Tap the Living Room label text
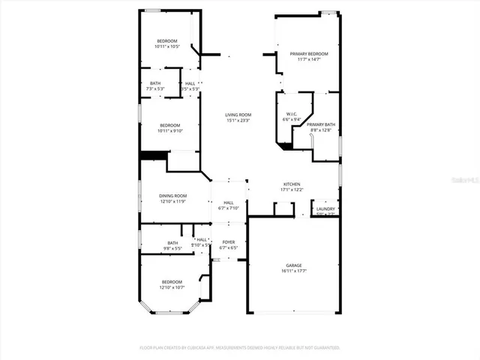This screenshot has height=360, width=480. click(238, 115)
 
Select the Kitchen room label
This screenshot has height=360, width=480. click(292, 184)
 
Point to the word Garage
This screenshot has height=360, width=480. click(293, 265)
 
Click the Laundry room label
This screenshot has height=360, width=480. click(325, 209)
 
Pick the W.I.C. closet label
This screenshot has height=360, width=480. click(291, 114)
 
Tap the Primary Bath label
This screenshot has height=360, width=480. click(320, 124)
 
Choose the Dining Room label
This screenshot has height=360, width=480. click(172, 196)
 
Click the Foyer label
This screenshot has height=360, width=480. click(228, 242)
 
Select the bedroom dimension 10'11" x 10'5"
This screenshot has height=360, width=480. click(166, 46)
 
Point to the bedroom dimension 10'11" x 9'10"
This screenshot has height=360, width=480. click(169, 131)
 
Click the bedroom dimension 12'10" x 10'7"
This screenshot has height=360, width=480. click(172, 287)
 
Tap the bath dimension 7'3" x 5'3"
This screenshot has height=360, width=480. click(155, 88)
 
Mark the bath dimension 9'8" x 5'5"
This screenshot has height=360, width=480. click(172, 248)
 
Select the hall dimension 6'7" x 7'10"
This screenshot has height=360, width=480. click(228, 208)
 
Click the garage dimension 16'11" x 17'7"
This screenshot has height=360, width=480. click(293, 271)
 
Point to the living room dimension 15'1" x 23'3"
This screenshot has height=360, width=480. click(238, 121)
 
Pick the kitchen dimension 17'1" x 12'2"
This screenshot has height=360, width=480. click(292, 190)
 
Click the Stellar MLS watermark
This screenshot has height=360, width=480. click(464, 181)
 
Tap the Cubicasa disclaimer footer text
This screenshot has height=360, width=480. click(240, 348)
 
